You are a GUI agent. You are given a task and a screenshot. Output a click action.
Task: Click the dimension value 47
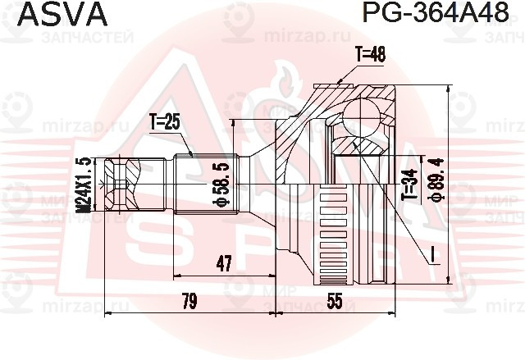[x=223, y=262]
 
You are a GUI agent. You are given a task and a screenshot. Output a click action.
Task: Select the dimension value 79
[x=189, y=302]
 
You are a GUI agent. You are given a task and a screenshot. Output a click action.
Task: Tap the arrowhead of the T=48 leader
[x=340, y=81]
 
